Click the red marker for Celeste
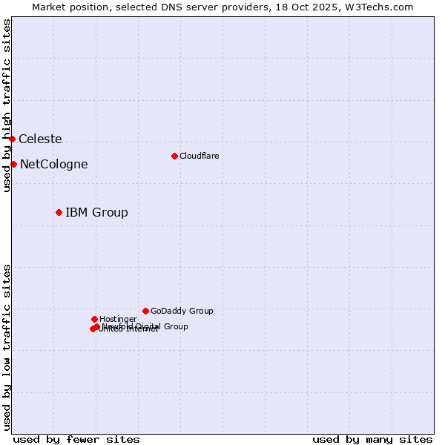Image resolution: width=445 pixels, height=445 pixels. pyautogui.click(x=12, y=139)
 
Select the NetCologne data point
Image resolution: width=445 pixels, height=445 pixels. pyautogui.click(x=13, y=164)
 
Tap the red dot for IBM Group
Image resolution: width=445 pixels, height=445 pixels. pyautogui.click(x=59, y=212)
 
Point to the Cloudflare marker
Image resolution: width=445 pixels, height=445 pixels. pyautogui.click(x=174, y=156)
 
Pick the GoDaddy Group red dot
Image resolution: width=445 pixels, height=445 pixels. pyautogui.click(x=145, y=311)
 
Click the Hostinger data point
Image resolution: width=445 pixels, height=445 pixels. pyautogui.click(x=94, y=319)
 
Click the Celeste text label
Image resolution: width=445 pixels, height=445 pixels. pyautogui.click(x=40, y=139)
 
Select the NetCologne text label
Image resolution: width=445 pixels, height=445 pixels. pyautogui.click(x=53, y=164)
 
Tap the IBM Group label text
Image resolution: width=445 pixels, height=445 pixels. pyautogui.click(x=96, y=212)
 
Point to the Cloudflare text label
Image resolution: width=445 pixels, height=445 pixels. pyautogui.click(x=199, y=156)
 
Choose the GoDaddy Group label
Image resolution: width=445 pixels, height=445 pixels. pyautogui.click(x=182, y=311)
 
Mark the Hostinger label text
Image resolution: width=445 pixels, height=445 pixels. pyautogui.click(x=118, y=319)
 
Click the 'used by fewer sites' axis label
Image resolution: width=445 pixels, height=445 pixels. pyautogui.click(x=76, y=439)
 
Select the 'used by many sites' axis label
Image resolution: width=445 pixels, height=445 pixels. pyautogui.click(x=372, y=439)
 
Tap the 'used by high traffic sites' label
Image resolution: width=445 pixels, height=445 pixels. pyautogui.click(x=7, y=105)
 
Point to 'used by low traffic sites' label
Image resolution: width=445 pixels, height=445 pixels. pyautogui.click(x=7, y=346)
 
